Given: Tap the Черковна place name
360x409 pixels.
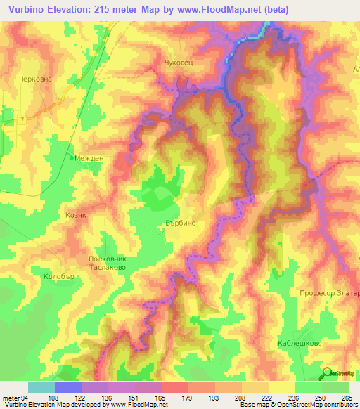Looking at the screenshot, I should click(x=36, y=79).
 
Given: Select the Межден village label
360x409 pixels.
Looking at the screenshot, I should click(x=89, y=158).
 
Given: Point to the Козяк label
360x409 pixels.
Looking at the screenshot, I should click(x=75, y=216).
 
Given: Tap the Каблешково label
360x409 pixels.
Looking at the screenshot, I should click(x=299, y=343).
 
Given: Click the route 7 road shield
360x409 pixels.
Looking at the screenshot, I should click(x=23, y=120).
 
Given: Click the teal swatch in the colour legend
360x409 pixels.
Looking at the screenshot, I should click(x=41, y=387).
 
